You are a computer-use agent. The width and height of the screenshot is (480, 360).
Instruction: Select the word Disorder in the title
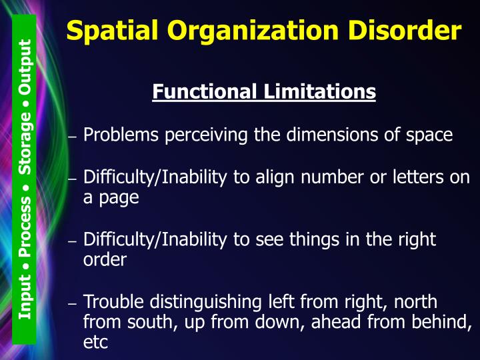tap(408, 30)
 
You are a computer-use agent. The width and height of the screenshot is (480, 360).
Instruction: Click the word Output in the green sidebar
tap(25, 66)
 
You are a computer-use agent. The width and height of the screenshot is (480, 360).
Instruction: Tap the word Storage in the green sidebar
tap(25, 144)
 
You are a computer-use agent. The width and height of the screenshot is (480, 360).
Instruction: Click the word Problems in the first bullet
tap(121, 135)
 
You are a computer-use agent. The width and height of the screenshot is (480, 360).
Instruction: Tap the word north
tap(415, 302)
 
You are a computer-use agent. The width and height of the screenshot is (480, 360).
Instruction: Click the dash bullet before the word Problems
tap(73, 137)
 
